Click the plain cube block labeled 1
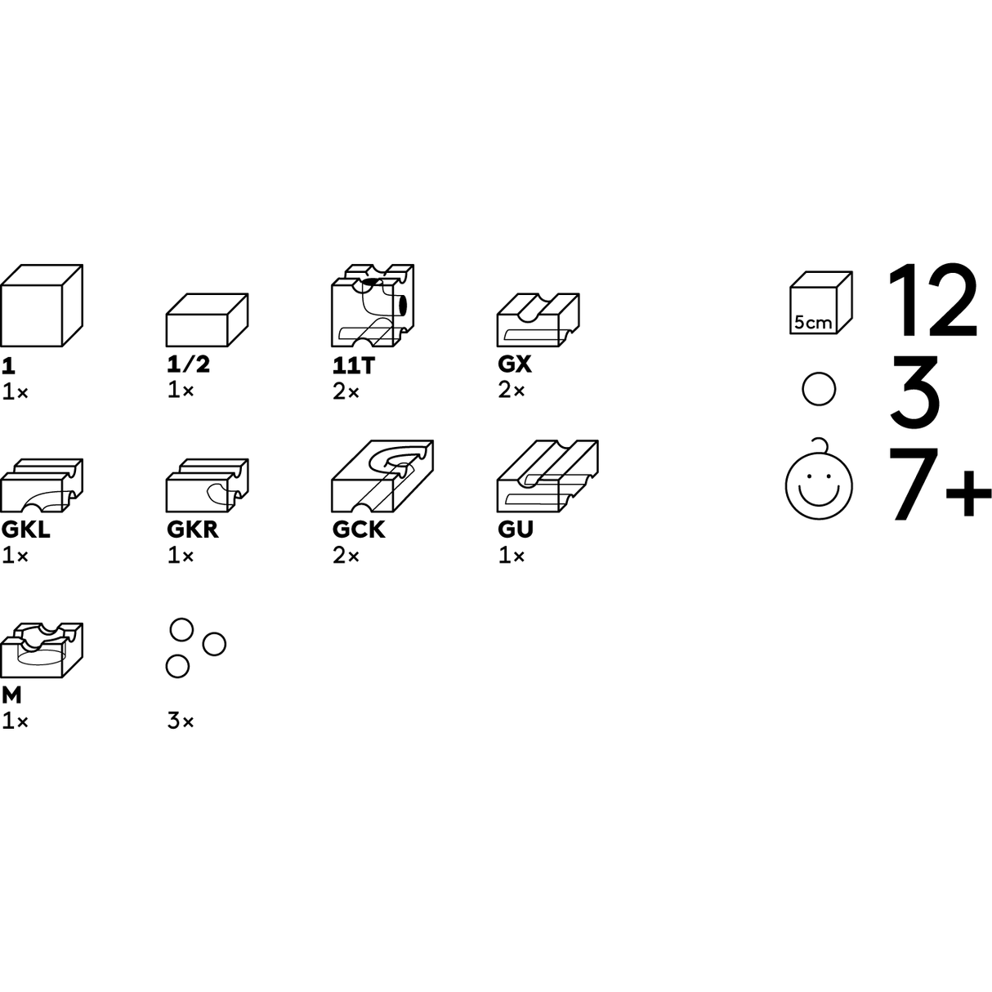tap(41, 306)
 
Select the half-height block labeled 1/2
tap(207, 320)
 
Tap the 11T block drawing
tap(373, 306)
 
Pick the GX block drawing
tap(538, 320)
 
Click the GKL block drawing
tap(41, 485)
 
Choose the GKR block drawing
tap(207, 485)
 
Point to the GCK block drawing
tap(382, 476)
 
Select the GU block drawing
tap(547, 476)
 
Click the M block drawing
tap(41, 650)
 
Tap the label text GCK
tap(358, 530)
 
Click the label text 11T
tap(354, 365)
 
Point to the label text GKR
tap(193, 530)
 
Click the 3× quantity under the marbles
tap(180, 722)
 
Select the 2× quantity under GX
tap(512, 391)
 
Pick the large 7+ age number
tap(940, 484)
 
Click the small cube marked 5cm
tap(821, 302)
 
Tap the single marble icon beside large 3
tap(819, 389)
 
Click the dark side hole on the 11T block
tap(401, 305)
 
